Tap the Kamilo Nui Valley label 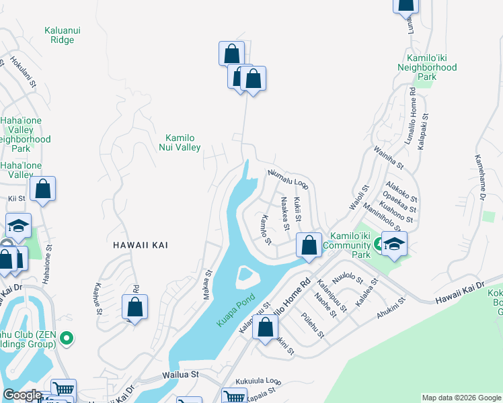click(180, 142)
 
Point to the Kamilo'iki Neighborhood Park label click(426, 68)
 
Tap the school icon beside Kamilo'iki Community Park click(394, 245)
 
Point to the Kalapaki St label click(424, 131)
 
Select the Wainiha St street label click(388, 160)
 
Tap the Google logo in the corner click(22, 395)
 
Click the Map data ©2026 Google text click(461, 398)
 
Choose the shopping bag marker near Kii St click(42, 191)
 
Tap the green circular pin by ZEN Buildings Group click(66, 338)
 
